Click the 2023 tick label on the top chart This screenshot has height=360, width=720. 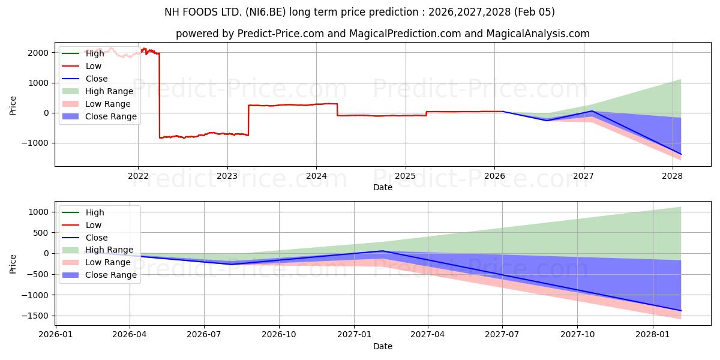227,176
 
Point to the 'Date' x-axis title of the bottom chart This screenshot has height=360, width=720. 383,346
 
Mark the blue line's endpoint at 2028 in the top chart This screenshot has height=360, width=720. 680,154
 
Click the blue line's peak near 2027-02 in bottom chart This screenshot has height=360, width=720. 382,251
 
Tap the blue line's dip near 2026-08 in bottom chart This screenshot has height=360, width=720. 230,264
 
